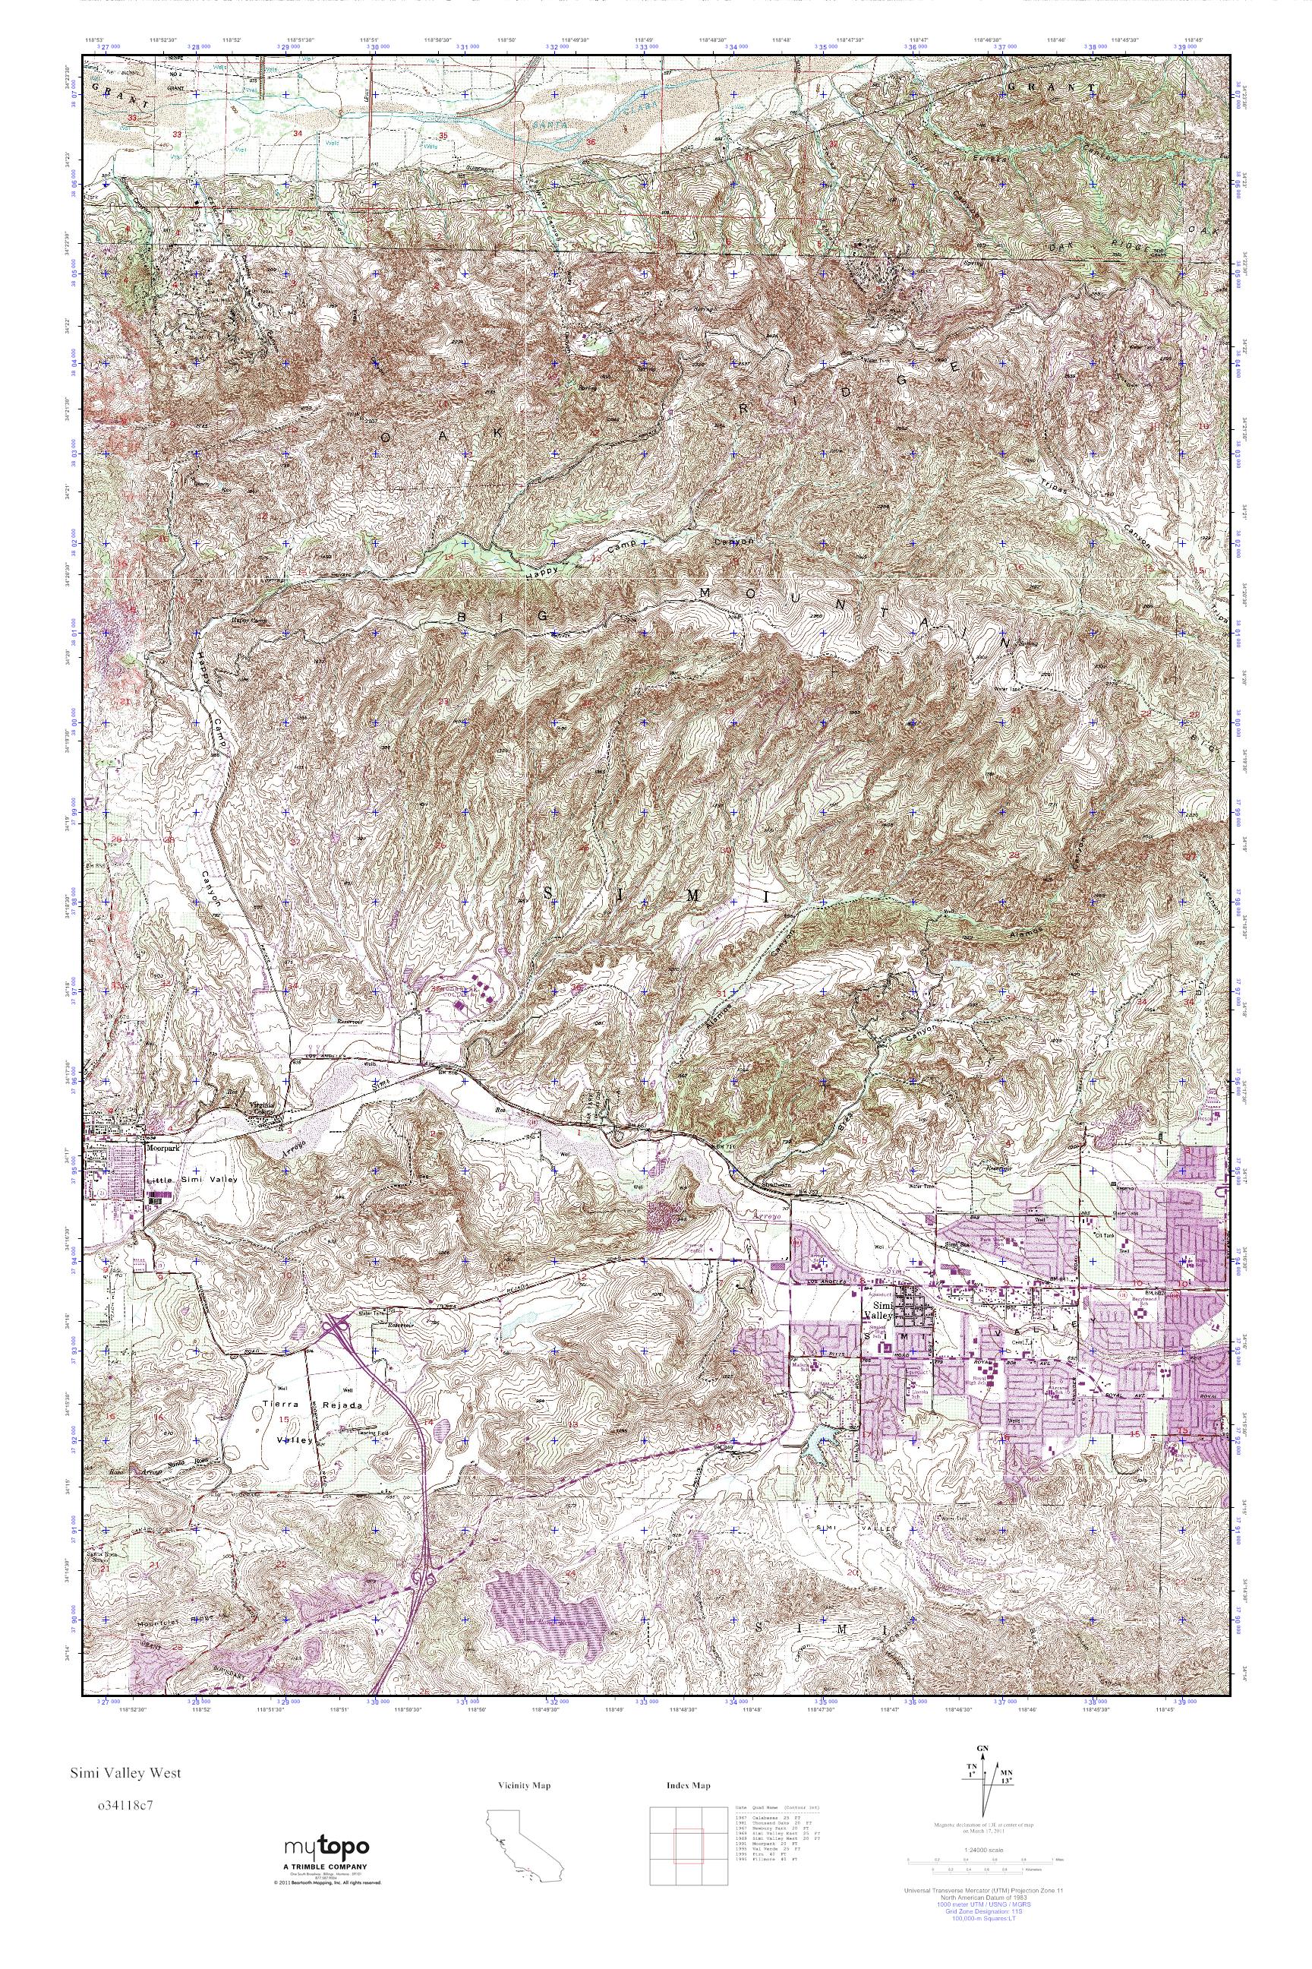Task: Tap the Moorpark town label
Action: pos(162,1149)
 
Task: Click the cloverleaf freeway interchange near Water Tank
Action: pos(339,1324)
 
